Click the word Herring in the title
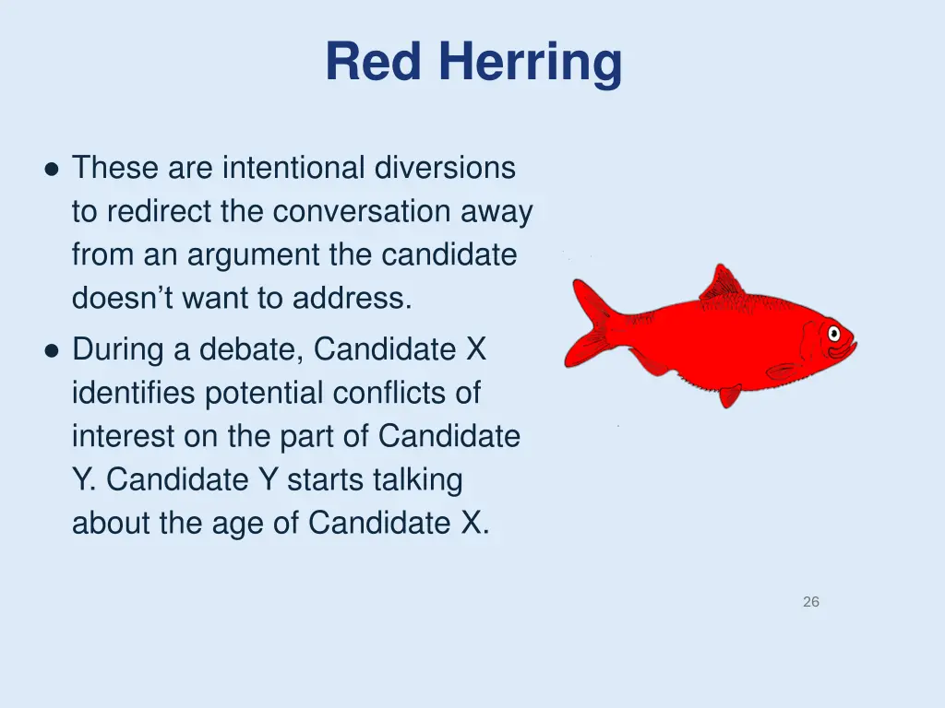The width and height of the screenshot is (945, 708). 530,64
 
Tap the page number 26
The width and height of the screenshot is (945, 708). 810,602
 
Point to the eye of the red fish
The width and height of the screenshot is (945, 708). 833,332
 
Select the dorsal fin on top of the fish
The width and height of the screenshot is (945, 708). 722,283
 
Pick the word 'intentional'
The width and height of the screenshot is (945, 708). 294,168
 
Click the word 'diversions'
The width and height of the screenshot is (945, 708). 445,168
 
